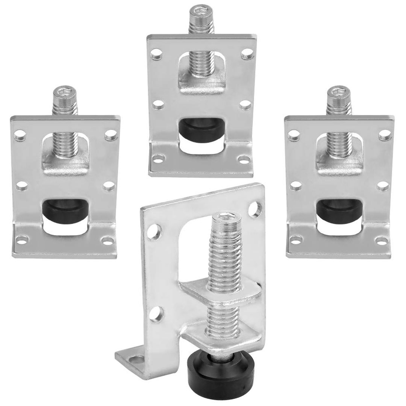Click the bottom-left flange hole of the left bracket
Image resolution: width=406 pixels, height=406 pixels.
(22, 238)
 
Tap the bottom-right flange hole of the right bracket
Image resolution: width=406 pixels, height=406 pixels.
(381, 239)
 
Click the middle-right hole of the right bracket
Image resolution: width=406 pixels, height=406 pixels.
(382, 186)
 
